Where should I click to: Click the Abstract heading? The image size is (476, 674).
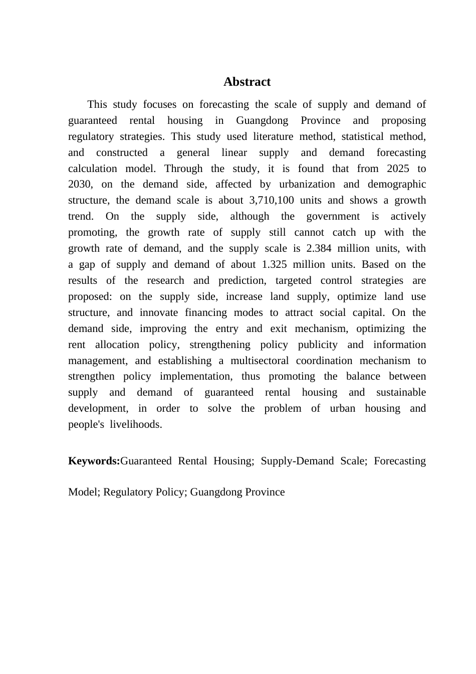pos(247,82)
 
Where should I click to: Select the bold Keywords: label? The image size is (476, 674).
pos(94,461)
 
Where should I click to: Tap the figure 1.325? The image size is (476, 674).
pos(275,264)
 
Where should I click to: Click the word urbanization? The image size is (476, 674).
pos(307,185)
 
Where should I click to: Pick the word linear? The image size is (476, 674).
pos(234,152)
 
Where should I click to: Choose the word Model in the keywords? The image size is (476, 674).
pos(83,492)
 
